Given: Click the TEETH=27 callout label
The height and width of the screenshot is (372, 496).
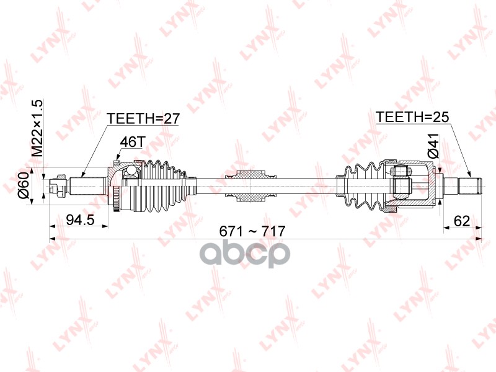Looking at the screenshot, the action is pos(143,118).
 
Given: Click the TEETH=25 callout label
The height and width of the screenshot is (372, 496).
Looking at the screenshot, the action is pos(412,117).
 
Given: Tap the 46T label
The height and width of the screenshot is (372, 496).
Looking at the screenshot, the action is pos(132,143).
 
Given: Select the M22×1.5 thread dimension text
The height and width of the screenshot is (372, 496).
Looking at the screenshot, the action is pos(37,128).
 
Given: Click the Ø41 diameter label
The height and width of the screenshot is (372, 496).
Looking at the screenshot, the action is pos(434,146).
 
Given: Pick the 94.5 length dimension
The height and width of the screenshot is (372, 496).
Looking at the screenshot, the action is pos(80,219).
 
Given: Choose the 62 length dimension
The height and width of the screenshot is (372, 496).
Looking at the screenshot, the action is pos(461,221).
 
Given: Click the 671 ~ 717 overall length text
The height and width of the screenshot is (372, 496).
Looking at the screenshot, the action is pos(252,231).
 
